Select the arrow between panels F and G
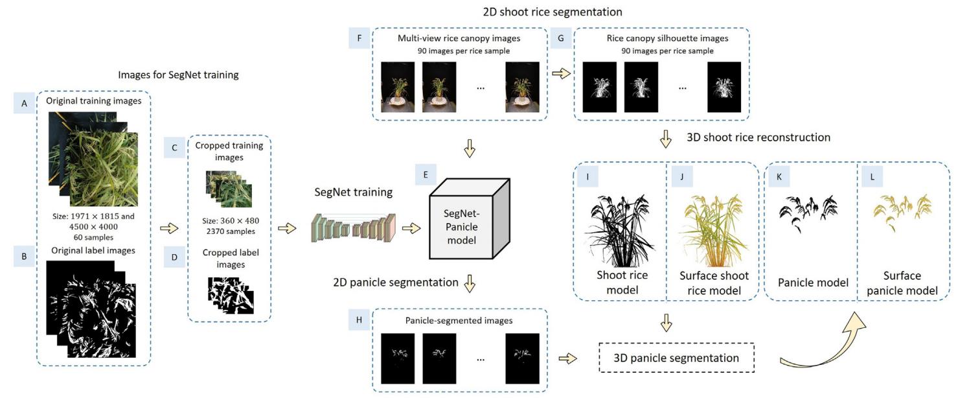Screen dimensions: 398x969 click(561, 73)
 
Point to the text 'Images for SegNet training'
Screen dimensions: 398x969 click(178, 75)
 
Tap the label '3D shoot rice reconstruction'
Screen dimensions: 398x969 click(758, 137)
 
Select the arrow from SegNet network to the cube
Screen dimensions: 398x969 click(410, 229)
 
